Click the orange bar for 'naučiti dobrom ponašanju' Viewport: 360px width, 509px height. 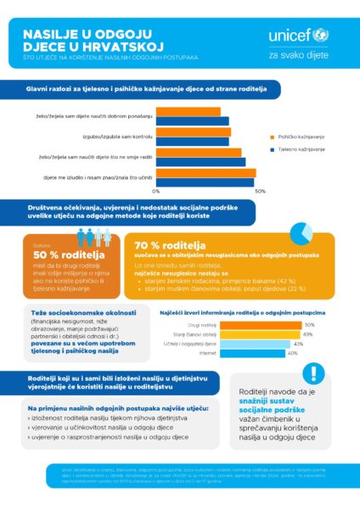click(x=192, y=111)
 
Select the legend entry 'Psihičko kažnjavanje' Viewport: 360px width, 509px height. click(x=304, y=137)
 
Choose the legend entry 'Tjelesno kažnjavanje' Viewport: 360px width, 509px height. click(x=304, y=149)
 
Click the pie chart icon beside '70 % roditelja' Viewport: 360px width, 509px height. click(x=301, y=232)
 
